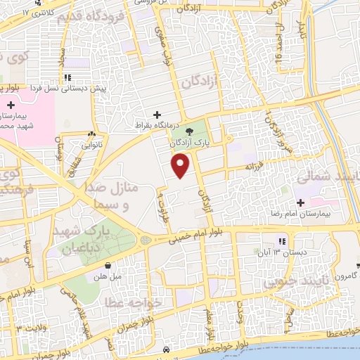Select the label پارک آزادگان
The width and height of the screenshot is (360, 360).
coord(190,142)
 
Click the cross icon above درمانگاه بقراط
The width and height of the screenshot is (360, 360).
coord(157,115)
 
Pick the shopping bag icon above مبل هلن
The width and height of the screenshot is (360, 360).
coord(108,265)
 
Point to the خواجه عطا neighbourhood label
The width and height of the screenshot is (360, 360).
coord(133,301)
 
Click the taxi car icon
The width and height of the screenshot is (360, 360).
coord(165,349)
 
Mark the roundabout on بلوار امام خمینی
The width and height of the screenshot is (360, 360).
coord(146,240)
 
